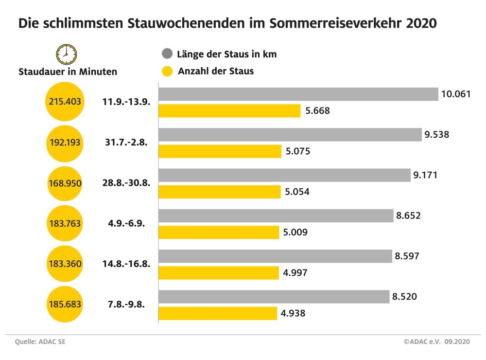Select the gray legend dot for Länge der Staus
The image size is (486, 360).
point(168,54)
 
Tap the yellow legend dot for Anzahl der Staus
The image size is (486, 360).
point(168,72)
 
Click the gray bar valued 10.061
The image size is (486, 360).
point(299,94)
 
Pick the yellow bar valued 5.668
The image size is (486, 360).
point(230,111)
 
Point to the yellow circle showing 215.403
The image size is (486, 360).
point(65,102)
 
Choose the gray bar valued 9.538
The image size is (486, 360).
point(290,135)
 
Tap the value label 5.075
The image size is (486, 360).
point(298,151)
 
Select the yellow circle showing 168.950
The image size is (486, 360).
point(65,183)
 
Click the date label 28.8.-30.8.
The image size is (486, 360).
point(126,183)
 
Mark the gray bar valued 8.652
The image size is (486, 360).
point(276,216)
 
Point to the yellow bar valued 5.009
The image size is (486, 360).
point(219,233)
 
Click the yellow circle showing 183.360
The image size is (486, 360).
point(65,264)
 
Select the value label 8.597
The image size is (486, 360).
point(408,256)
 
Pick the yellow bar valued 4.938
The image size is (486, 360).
point(218,313)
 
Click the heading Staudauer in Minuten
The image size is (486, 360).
point(68,72)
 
